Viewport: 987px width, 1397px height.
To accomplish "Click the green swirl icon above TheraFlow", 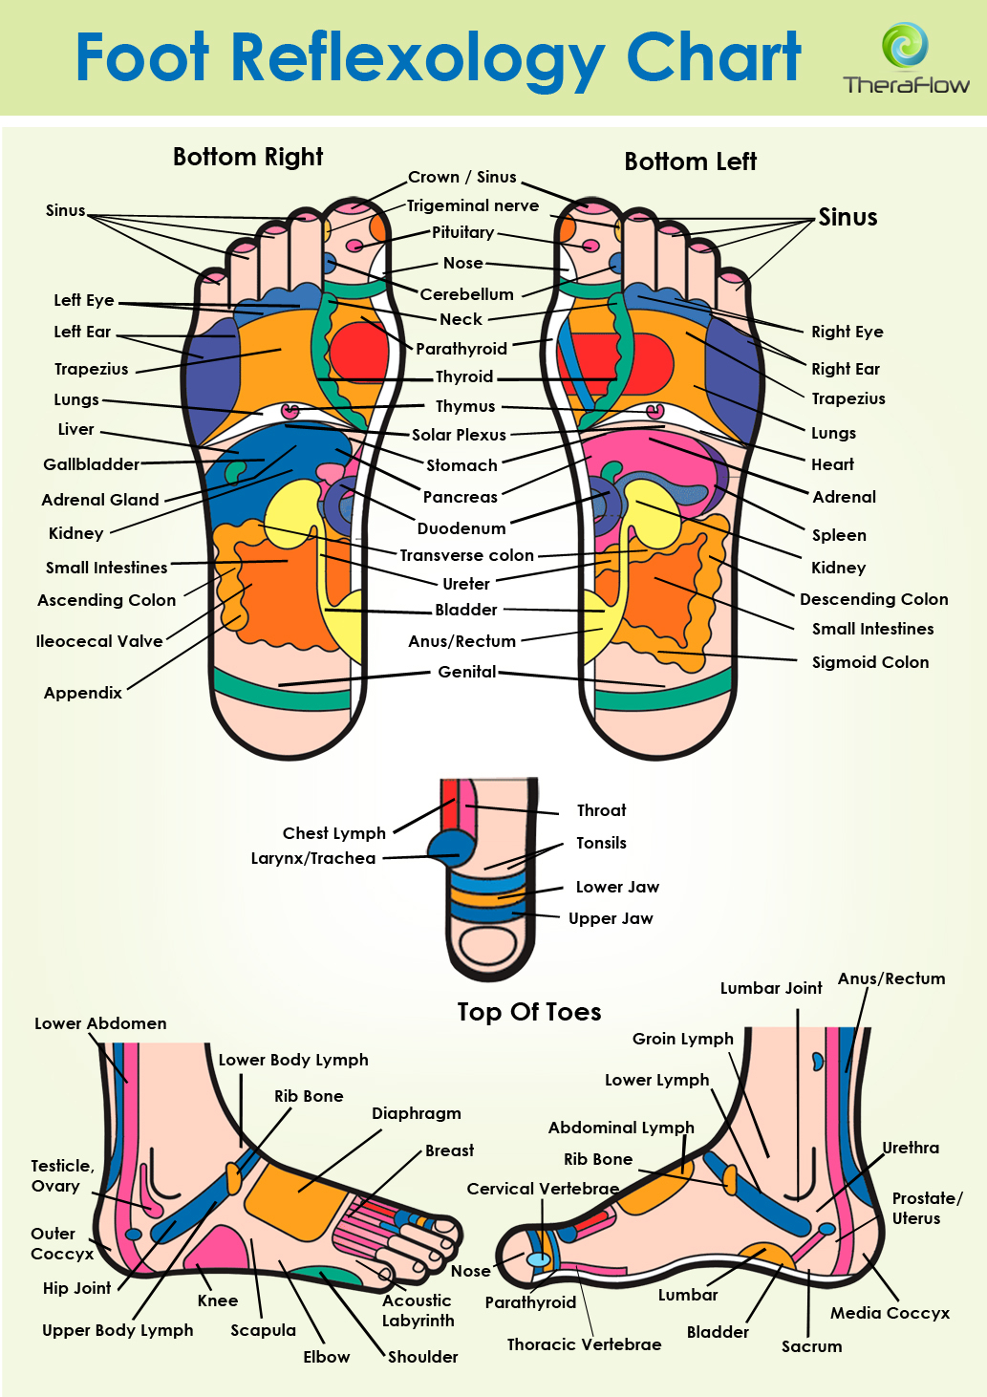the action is pyautogui.click(x=905, y=45).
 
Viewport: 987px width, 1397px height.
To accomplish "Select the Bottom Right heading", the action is pyautogui.click(x=247, y=157).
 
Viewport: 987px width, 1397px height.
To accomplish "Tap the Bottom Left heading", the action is pyautogui.click(x=690, y=161).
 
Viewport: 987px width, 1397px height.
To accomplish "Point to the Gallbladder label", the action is pyautogui.click(x=91, y=464).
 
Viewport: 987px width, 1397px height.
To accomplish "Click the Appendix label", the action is pyautogui.click(x=83, y=693).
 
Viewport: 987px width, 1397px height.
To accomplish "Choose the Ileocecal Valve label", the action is pyautogui.click(x=99, y=641).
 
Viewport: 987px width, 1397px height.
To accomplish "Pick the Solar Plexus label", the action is pyautogui.click(x=459, y=435).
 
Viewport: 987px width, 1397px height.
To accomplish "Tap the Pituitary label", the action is pyautogui.click(x=463, y=232).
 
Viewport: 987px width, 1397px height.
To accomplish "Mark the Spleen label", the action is pyautogui.click(x=839, y=535).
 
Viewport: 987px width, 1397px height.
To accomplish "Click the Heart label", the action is pyautogui.click(x=832, y=464).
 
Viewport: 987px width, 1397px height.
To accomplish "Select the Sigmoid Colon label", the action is pyautogui.click(x=870, y=662).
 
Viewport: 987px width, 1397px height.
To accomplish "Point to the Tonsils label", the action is pyautogui.click(x=601, y=843).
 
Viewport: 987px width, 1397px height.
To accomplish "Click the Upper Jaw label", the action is pyautogui.click(x=611, y=918).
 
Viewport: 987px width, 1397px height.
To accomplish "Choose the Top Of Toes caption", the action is pyautogui.click(x=529, y=1012).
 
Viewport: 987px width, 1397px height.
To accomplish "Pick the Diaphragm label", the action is pyautogui.click(x=417, y=1114).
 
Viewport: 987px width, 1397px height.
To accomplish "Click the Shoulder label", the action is pyautogui.click(x=422, y=1357).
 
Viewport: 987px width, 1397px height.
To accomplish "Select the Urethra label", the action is pyautogui.click(x=911, y=1148).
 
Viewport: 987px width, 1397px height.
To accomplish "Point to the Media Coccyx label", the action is pyautogui.click(x=890, y=1314).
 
